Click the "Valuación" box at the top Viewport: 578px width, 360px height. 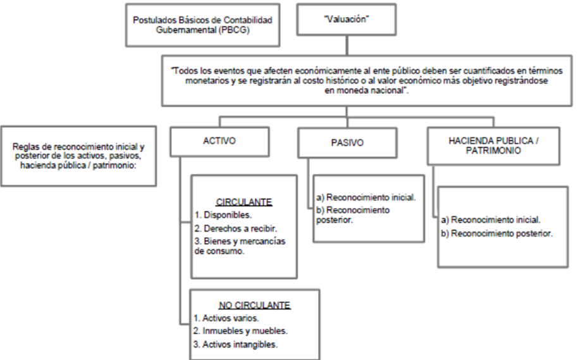point(347,20)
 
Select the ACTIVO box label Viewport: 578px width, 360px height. point(219,141)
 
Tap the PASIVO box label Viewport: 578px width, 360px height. point(347,143)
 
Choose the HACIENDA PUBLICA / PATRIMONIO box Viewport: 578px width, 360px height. point(493,146)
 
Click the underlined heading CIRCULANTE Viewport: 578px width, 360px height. point(244,202)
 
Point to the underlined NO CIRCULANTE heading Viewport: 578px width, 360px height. point(254,306)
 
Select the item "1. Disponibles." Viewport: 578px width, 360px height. point(223,214)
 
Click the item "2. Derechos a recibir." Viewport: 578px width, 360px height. point(236,228)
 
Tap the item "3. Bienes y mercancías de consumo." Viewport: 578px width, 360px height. point(240,246)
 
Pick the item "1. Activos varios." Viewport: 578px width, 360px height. point(226,318)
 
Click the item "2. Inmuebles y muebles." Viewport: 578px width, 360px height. point(240,331)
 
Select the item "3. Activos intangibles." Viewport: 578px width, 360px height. point(235,345)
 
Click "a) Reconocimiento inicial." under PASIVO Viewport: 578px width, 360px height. point(366,197)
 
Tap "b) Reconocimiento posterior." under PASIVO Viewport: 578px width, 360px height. point(353,214)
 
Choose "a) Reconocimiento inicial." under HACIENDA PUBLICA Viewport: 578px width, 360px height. point(491,220)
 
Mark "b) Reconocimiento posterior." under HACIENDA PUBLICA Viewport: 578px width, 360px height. point(497,233)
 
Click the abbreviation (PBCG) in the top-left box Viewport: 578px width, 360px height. point(234,30)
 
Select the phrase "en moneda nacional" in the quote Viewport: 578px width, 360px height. point(364,90)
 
